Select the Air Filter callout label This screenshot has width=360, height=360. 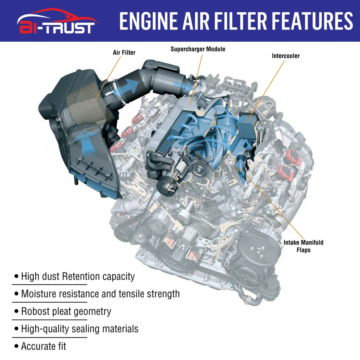tap(124, 52)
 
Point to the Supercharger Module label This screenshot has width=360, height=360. tap(198, 49)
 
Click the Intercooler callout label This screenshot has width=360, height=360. tap(286, 56)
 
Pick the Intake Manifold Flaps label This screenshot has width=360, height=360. tap(303, 246)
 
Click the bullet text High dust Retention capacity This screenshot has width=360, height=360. tap(78, 277)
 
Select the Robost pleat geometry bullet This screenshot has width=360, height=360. tap(66, 311)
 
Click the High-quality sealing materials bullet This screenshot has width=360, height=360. tap(79, 329)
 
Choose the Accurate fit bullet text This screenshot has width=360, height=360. tap(43, 346)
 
